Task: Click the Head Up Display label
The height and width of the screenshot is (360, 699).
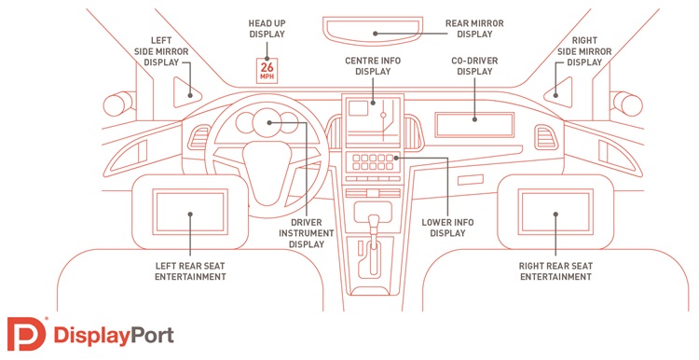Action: (267, 29)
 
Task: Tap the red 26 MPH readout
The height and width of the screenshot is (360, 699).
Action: (267, 71)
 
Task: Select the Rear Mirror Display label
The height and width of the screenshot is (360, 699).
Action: (474, 29)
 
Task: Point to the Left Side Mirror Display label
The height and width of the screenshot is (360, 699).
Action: (161, 51)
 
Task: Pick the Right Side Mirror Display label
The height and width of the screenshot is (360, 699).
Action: (584, 51)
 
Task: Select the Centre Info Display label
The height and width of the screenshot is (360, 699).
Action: (373, 66)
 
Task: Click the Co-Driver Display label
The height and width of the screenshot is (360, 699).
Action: (474, 66)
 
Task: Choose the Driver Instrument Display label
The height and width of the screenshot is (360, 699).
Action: (307, 233)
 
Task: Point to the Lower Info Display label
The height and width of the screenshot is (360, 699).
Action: (447, 228)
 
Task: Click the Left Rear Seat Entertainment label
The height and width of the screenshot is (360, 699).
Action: (190, 271)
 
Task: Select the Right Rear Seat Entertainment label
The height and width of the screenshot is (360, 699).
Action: (555, 271)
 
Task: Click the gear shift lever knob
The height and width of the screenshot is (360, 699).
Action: (374, 221)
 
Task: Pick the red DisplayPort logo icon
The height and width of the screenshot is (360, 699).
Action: (26, 334)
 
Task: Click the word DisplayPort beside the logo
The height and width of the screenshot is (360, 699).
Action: (114, 336)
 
